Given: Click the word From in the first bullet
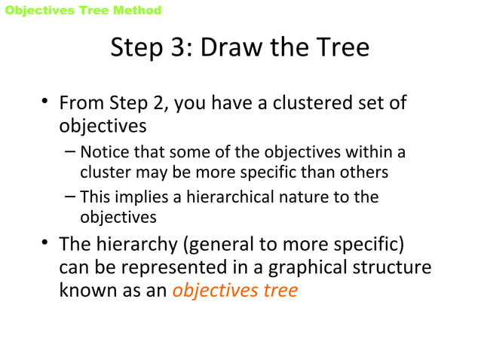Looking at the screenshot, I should (81, 102).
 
